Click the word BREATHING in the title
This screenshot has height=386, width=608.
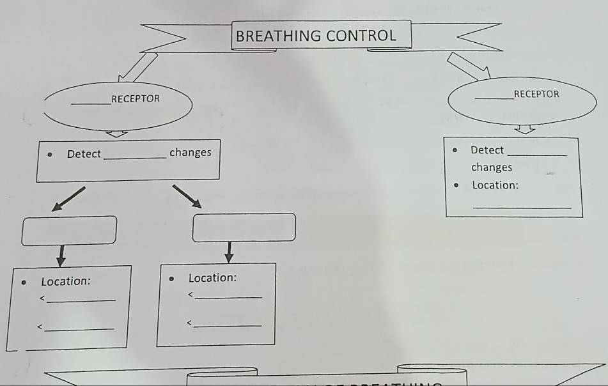pyautogui.click(x=279, y=36)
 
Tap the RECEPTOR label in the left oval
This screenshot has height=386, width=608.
pyautogui.click(x=136, y=99)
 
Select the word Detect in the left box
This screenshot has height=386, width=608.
pyautogui.click(x=84, y=154)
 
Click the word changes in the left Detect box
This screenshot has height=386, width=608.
pyautogui.click(x=190, y=153)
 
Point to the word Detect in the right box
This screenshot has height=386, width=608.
pyautogui.click(x=487, y=150)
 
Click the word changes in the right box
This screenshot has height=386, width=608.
pyautogui.click(x=492, y=167)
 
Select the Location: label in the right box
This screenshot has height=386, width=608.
pyautogui.click(x=495, y=185)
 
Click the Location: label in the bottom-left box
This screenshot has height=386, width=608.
pyautogui.click(x=66, y=281)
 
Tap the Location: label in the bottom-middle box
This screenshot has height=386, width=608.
pyautogui.click(x=212, y=278)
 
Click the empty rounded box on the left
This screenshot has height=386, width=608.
pyautogui.click(x=69, y=230)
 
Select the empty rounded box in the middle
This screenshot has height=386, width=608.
pyautogui.click(x=244, y=228)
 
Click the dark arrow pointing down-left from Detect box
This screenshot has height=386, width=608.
pyautogui.click(x=68, y=198)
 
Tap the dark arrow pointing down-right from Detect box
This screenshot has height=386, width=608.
pyautogui.click(x=187, y=196)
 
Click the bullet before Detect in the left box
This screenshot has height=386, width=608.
pyautogui.click(x=50, y=154)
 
